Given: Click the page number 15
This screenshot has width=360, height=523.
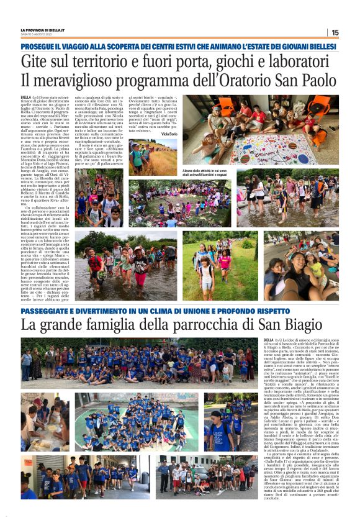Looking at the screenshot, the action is point(335,32).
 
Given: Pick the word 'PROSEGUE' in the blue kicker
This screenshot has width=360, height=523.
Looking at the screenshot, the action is point(40,47).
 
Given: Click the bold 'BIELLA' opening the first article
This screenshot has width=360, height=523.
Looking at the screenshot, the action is point(26,98).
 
